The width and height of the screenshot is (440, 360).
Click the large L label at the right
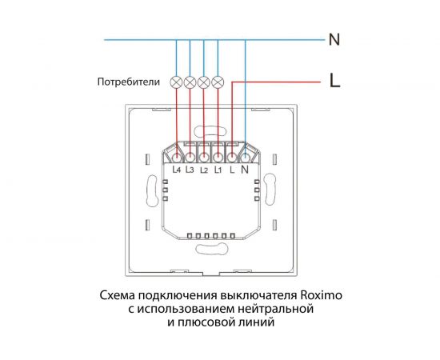335,81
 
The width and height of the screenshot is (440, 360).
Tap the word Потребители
128,82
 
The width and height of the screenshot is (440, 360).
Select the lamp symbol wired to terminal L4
177,82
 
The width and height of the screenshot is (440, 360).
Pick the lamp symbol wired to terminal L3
190,82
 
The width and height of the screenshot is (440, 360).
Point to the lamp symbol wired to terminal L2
204,82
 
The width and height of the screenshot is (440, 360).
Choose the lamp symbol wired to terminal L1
218,82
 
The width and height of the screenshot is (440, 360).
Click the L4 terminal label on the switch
177,170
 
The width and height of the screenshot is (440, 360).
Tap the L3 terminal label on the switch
190,170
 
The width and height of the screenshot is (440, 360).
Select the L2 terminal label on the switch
204,170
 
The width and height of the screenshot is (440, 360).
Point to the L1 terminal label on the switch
218,170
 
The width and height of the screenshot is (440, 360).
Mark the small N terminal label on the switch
245,170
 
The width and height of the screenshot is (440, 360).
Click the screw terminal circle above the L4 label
177,157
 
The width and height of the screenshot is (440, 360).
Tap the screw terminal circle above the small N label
245,157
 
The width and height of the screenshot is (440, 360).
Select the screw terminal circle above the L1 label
218,157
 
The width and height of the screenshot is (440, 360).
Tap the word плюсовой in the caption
211,323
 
